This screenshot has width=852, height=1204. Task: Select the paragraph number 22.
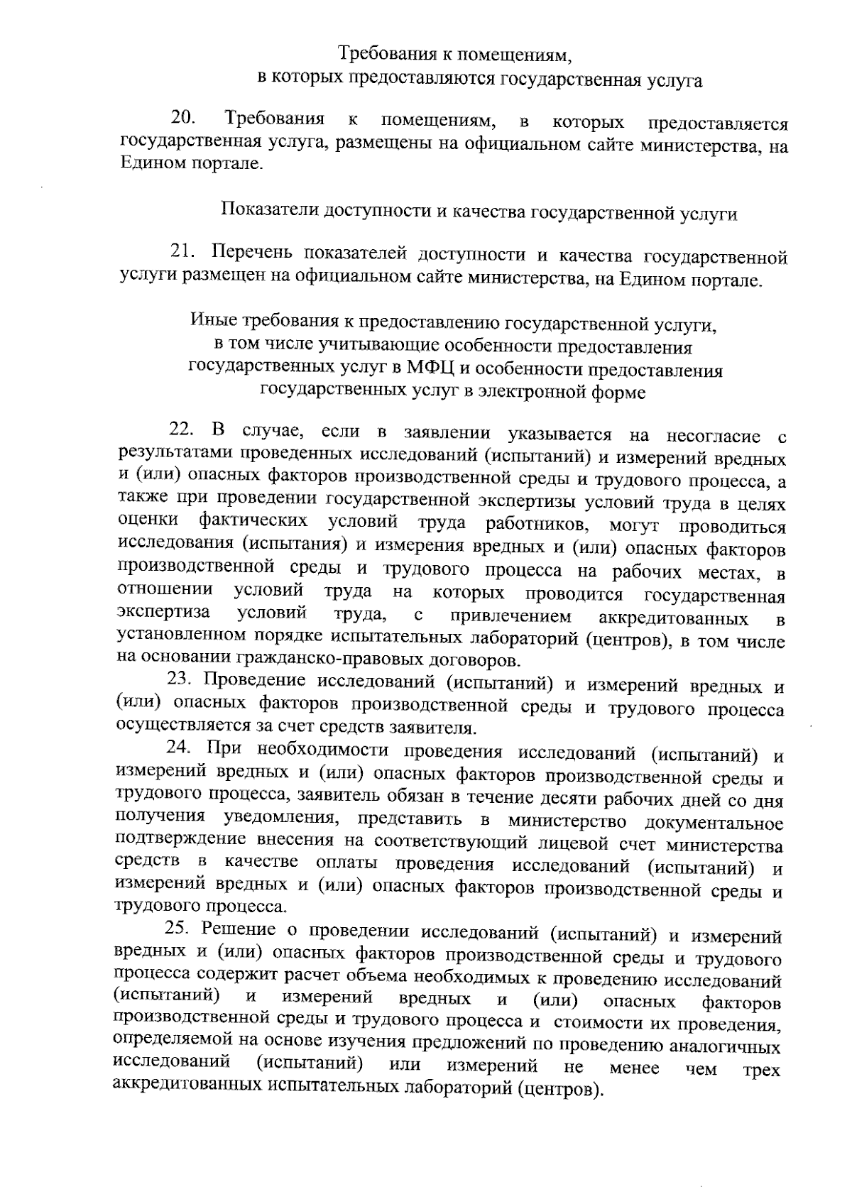pyautogui.click(x=182, y=429)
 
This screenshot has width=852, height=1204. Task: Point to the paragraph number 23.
pyautogui.click(x=180, y=678)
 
